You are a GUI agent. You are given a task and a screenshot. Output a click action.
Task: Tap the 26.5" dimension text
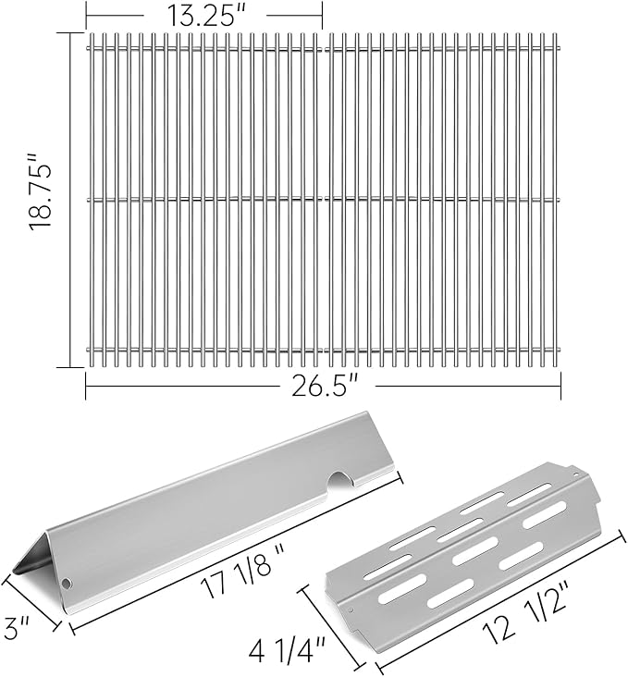point(323,386)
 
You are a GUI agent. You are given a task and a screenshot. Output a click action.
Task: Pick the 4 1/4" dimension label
point(276,646)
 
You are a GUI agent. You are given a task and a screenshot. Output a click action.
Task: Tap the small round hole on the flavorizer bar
point(68,584)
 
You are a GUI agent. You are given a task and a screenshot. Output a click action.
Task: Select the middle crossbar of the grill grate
point(323,198)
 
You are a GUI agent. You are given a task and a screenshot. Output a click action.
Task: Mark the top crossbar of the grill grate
point(323,47)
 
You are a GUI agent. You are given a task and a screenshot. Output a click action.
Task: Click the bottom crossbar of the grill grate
point(323,349)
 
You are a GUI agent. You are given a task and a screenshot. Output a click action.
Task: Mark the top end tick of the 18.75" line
point(70,32)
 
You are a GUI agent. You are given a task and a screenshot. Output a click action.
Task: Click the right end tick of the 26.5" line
point(560,386)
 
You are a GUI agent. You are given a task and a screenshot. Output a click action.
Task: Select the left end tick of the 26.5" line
point(86,386)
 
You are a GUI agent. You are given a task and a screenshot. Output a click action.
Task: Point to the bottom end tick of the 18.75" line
point(70,367)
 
